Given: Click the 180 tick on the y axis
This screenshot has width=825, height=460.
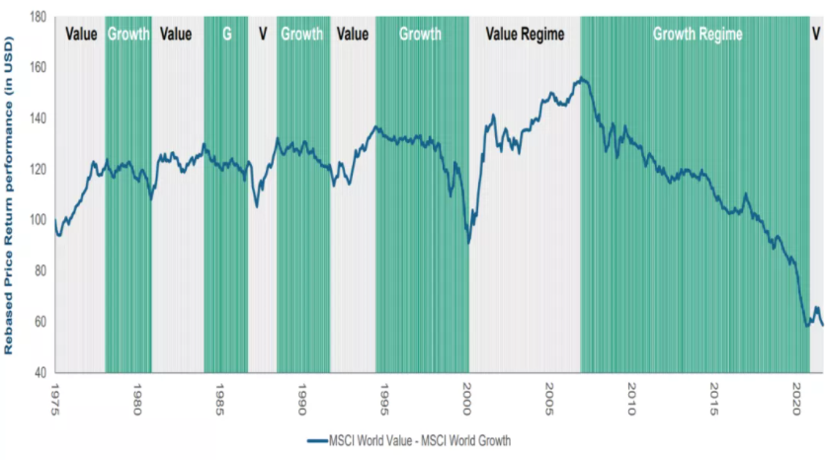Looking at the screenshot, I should pos(37,18).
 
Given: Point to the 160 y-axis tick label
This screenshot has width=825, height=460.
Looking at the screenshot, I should pos(37,68).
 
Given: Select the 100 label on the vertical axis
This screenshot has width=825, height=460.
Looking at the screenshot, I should pos(37,220).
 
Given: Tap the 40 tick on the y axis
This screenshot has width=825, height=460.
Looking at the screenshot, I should pos(40,372).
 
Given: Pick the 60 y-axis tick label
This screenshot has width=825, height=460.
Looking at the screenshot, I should pos(40,322).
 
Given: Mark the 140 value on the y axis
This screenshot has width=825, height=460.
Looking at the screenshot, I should pos(37,118).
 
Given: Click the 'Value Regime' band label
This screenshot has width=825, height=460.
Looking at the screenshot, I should pos(525,35).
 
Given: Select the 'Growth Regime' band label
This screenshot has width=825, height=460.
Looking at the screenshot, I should pos(698,35).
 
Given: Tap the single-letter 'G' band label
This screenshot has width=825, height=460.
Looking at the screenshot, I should pos(226,35).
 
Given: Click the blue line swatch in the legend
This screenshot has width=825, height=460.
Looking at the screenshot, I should pos(318,440).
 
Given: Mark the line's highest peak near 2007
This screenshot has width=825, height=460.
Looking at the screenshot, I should pos(582,78).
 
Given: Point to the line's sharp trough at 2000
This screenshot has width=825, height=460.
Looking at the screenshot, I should pos(469,242).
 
